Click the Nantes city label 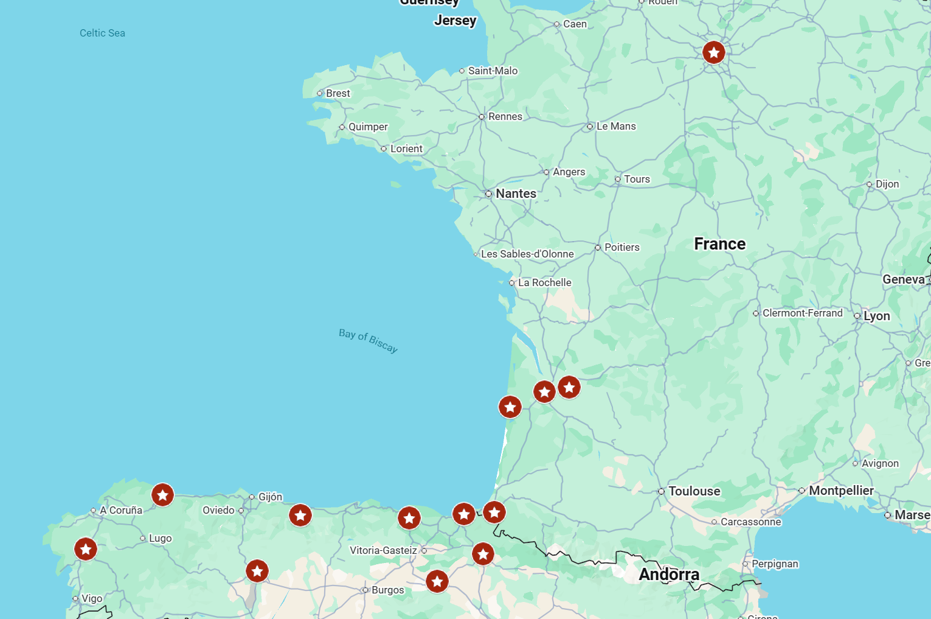(x=516, y=194)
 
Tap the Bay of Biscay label (x=368, y=340)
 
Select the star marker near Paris (x=713, y=52)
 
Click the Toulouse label (x=694, y=491)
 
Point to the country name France (x=719, y=244)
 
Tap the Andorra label (x=668, y=575)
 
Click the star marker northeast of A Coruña (x=162, y=495)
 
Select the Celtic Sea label (x=102, y=33)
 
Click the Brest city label (x=337, y=93)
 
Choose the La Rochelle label (x=544, y=282)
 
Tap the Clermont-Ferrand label (x=802, y=313)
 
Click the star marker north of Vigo (x=86, y=549)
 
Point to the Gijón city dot (x=252, y=497)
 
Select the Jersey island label (x=455, y=20)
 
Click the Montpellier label (x=841, y=491)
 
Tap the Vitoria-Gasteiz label (x=383, y=550)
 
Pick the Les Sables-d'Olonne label (x=527, y=254)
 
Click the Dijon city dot (x=869, y=184)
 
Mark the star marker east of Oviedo (x=300, y=516)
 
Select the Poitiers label (x=621, y=247)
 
